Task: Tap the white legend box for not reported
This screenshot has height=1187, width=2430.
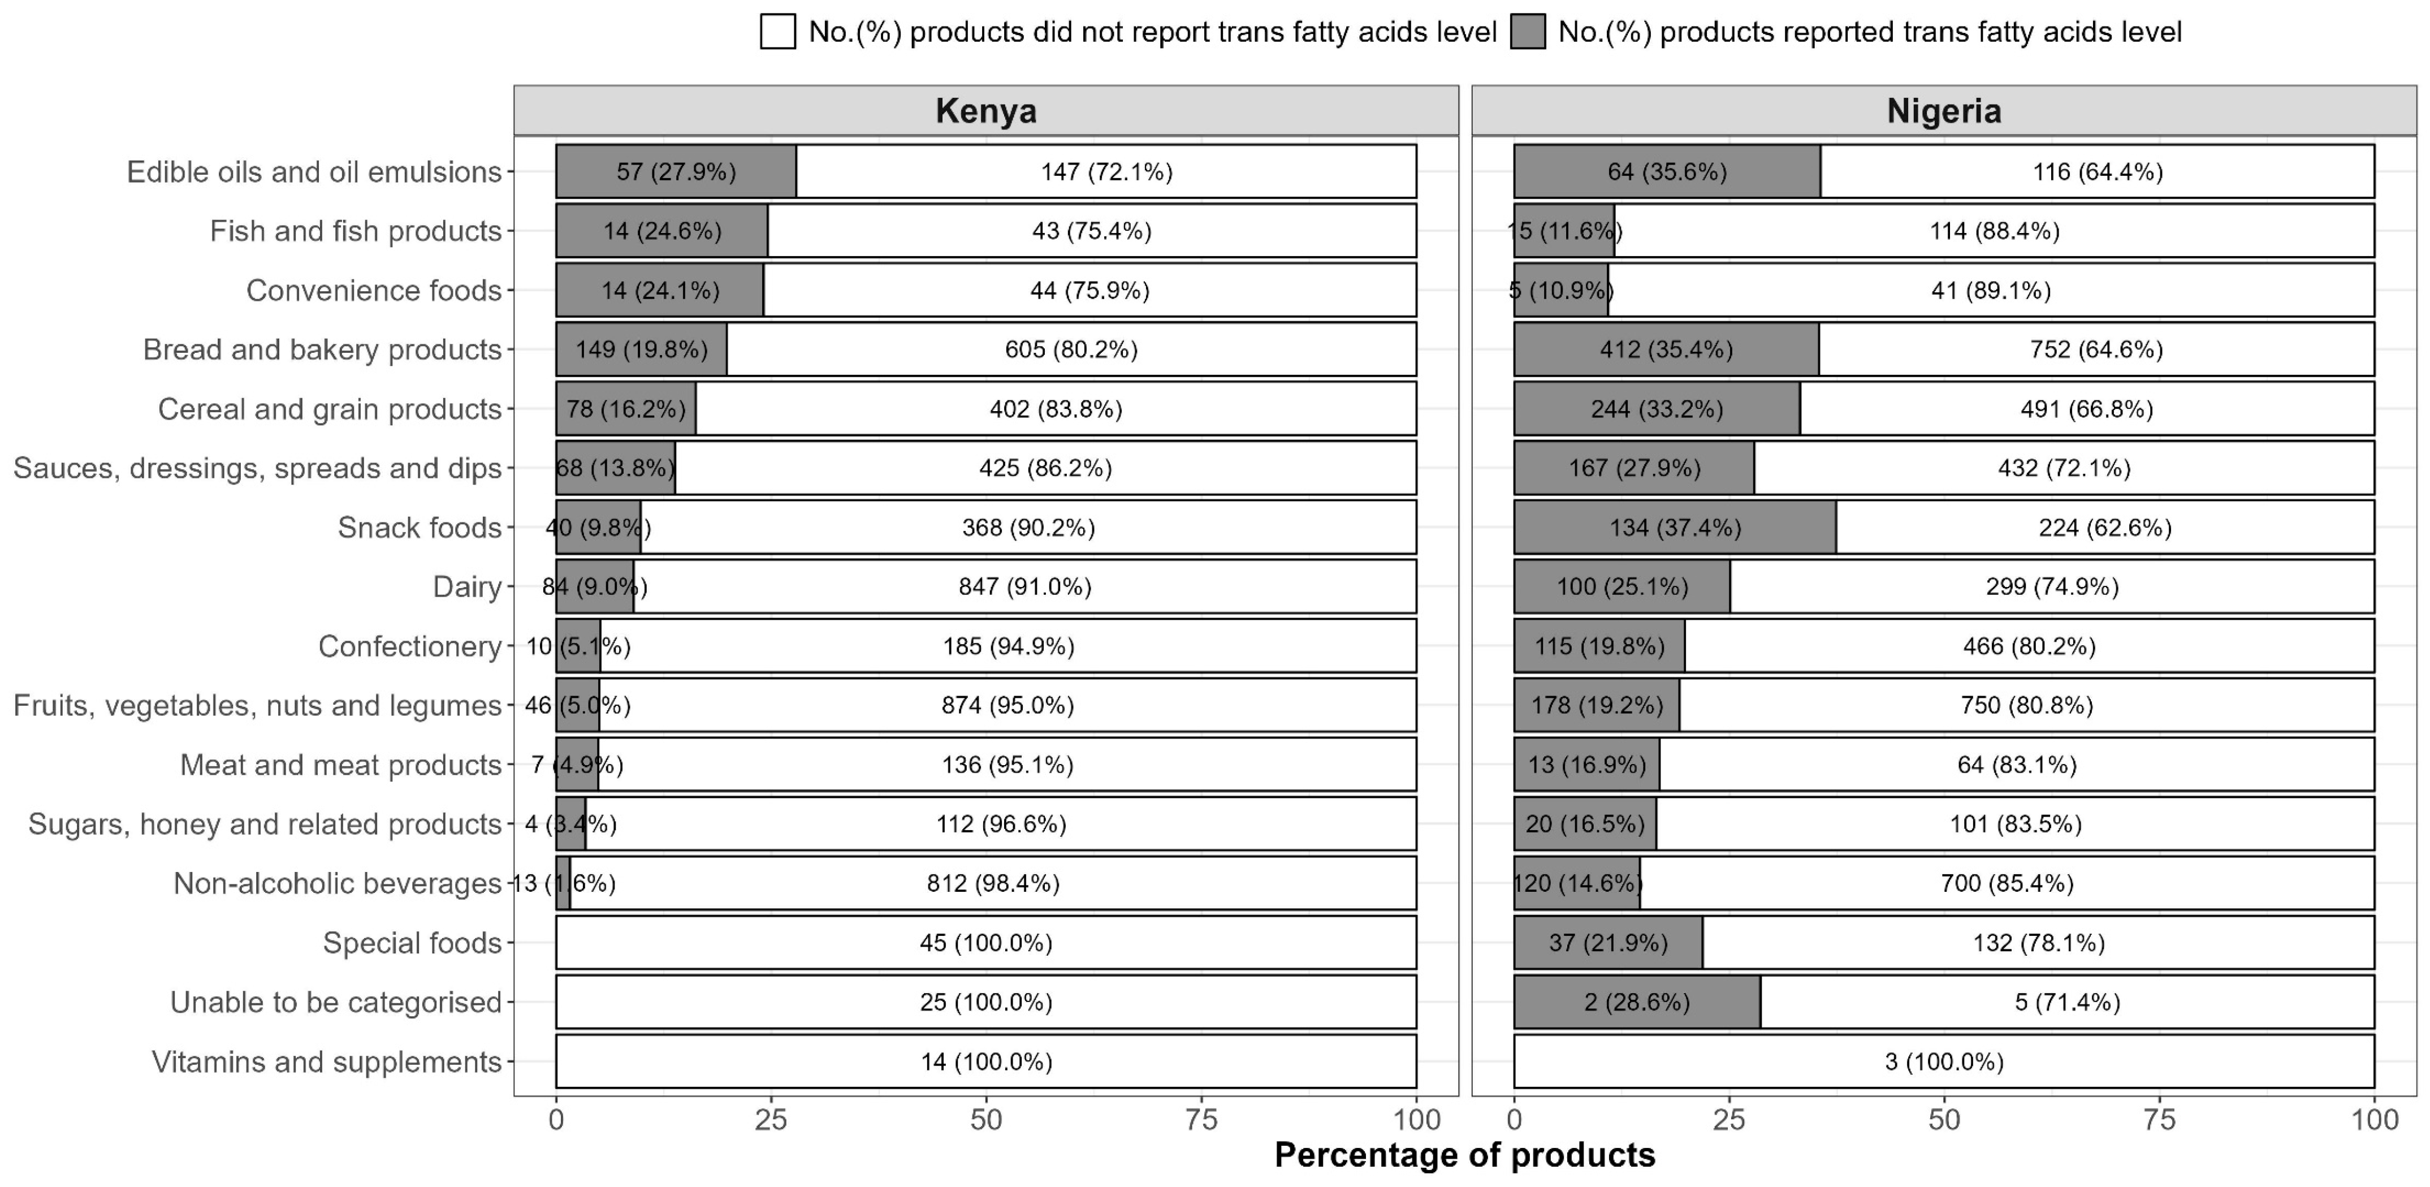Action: tap(777, 32)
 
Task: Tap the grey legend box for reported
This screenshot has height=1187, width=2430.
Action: tap(1527, 32)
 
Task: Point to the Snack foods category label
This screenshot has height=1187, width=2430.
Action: tap(419, 528)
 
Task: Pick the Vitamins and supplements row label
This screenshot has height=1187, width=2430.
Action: tap(326, 1061)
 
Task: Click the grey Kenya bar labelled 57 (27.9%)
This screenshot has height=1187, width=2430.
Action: tap(676, 172)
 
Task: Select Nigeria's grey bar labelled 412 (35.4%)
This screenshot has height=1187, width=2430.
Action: tap(1666, 349)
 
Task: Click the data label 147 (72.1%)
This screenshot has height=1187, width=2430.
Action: tap(1106, 172)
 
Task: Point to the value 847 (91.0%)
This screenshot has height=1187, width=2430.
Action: tap(1026, 587)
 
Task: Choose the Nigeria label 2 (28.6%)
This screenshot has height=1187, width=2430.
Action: tap(1637, 1002)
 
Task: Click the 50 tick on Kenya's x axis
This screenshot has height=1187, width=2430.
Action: tap(986, 1120)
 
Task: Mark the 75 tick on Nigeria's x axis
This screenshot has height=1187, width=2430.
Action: tap(2159, 1120)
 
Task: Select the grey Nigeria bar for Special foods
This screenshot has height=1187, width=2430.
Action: tap(1609, 943)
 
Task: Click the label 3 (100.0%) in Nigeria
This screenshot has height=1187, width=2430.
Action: tap(1944, 1061)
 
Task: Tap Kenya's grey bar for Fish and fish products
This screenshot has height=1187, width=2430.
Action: tap(661, 231)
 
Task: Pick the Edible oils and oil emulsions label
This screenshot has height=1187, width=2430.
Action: tap(314, 172)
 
